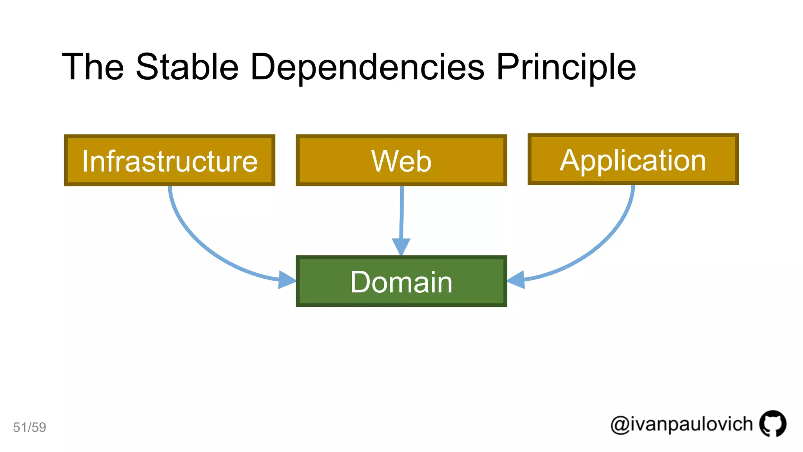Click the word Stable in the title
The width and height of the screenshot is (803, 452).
click(x=187, y=67)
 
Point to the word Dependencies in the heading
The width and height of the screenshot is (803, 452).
click(x=367, y=67)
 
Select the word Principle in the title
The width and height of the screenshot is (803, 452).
click(x=566, y=67)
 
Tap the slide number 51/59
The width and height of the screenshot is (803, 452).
click(x=29, y=427)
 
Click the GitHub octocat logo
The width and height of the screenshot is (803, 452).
click(x=772, y=423)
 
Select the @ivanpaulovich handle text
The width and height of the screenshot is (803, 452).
click(x=681, y=425)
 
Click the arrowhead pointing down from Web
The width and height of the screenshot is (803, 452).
click(x=401, y=246)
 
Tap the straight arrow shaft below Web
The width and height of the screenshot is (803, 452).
click(x=401, y=212)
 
